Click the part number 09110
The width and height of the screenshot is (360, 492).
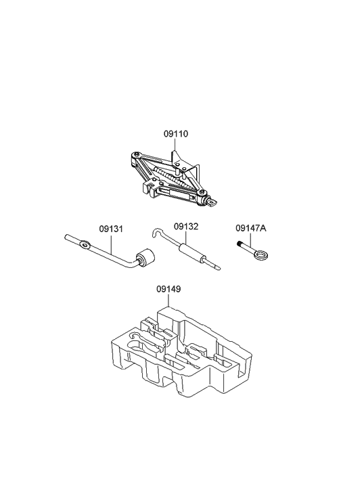(x=175, y=134)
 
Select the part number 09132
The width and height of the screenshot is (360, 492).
(x=185, y=227)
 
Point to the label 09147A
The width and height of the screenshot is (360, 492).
(x=250, y=228)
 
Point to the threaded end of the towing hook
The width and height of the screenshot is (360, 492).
(x=242, y=247)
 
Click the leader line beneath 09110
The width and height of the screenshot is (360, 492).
(x=175, y=148)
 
